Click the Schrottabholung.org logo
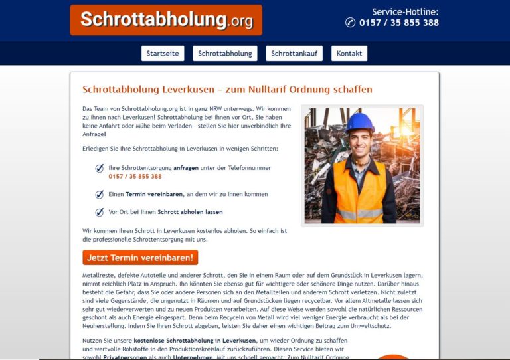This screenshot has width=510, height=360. click(x=166, y=20)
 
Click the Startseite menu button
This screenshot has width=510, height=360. click(x=163, y=54)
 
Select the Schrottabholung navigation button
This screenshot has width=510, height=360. click(x=225, y=54)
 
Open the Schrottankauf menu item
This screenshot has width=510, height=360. click(x=294, y=54)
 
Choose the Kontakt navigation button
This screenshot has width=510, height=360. click(x=349, y=54)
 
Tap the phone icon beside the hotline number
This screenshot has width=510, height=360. click(x=351, y=23)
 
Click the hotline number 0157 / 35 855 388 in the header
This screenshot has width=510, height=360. click(x=398, y=23)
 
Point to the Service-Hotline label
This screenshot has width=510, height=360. click(x=405, y=11)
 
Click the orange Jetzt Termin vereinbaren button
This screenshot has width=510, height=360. click(x=140, y=257)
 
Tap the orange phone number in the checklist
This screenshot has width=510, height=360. click(x=135, y=177)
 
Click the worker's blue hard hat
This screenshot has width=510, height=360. click(x=360, y=122)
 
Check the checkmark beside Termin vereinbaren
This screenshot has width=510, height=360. click(x=100, y=195)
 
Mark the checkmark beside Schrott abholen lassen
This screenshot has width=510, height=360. click(x=100, y=212)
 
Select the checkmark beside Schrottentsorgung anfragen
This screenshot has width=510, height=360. click(x=100, y=169)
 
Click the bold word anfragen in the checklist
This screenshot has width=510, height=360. click(x=186, y=168)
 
